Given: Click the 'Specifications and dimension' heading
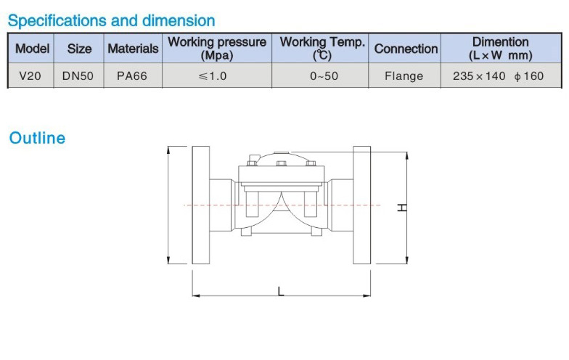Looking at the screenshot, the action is (x=112, y=20).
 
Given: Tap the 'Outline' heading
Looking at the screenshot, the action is (x=37, y=138).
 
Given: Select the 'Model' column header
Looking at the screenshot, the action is (x=32, y=49).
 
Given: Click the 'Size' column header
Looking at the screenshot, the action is (x=79, y=49).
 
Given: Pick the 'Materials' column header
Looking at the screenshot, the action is (x=134, y=49).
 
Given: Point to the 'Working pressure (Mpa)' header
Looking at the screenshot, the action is (x=217, y=48).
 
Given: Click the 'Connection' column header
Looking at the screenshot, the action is (x=406, y=49).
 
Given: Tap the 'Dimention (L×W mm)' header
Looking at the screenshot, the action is (x=501, y=48).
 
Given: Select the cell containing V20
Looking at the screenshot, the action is (x=30, y=75).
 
